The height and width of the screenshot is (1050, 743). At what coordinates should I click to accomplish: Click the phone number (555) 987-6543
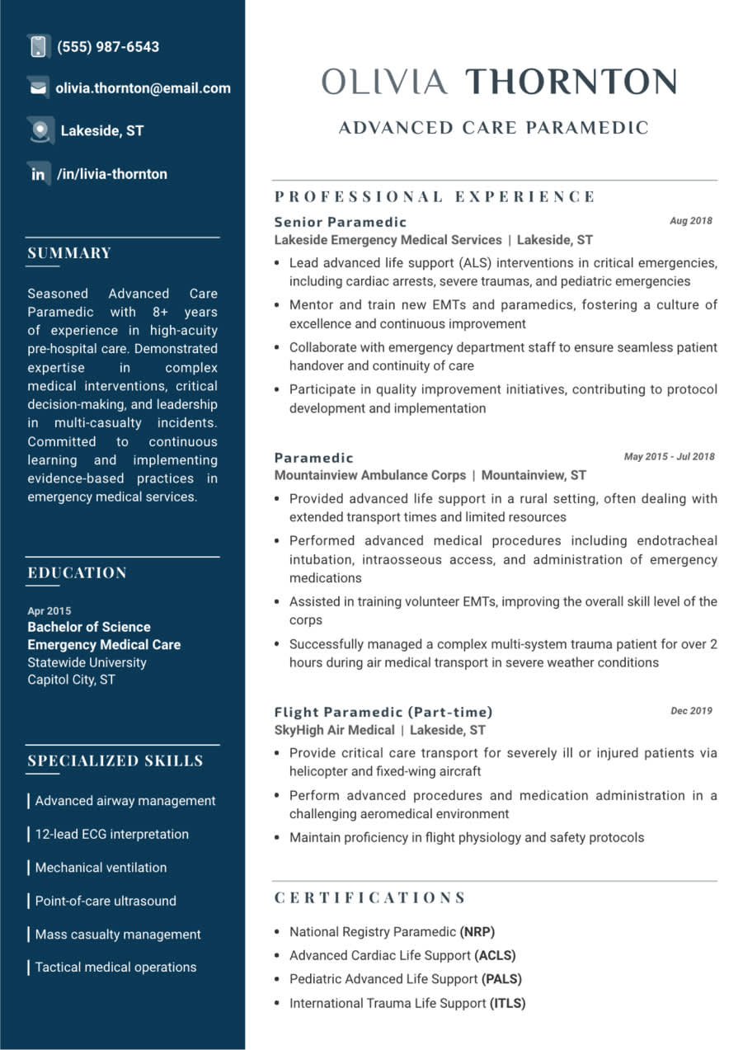108,47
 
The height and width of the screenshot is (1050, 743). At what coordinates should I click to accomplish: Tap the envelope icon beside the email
38,87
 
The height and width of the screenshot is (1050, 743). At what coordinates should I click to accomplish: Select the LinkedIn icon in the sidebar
38,174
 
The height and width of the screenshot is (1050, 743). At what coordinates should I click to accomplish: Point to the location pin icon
38,129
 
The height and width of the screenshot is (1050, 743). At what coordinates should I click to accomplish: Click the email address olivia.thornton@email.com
143,88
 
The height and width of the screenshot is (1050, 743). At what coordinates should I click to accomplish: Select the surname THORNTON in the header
571,82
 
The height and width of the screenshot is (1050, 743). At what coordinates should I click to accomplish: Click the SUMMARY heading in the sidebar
69,253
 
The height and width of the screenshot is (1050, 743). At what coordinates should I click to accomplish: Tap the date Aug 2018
690,221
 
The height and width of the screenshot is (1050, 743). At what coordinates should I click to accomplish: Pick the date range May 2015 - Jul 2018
669,457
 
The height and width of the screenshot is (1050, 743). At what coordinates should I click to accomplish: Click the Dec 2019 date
691,711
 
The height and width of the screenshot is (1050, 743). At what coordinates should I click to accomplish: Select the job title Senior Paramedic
341,222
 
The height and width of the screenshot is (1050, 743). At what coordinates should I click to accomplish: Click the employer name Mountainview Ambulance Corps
369,475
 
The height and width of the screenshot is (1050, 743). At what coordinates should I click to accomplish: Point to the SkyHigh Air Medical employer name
334,730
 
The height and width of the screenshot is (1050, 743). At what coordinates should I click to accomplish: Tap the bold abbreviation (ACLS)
495,955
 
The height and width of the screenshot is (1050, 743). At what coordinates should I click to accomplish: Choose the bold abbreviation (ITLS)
508,1003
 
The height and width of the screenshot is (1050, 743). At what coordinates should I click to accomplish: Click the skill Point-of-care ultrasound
106,901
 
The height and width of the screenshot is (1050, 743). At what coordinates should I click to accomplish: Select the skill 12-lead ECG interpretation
111,834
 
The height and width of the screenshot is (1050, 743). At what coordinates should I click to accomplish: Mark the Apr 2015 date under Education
49,611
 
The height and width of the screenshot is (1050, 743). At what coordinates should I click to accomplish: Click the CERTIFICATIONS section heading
370,897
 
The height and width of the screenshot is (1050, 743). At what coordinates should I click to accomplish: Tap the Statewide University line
87,662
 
